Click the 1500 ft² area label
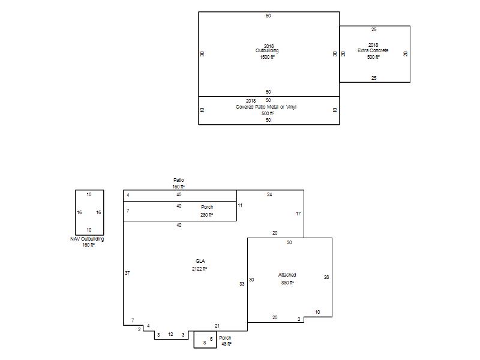[267, 57]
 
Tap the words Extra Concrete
[373, 50]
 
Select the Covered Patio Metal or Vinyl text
[266, 107]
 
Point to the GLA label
[200, 261]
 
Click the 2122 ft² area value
[199, 269]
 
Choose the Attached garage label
[287, 275]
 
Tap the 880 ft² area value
[287, 283]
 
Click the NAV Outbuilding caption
[87, 239]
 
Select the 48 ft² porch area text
[226, 344]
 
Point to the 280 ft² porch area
[206, 215]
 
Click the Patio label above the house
[178, 180]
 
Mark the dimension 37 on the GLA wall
[127, 273]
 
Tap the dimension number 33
[242, 284]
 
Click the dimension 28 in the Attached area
[326, 277]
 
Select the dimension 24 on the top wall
[269, 194]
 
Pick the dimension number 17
[298, 214]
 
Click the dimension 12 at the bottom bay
[170, 334]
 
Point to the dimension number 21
[217, 326]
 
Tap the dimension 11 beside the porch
[240, 205]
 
